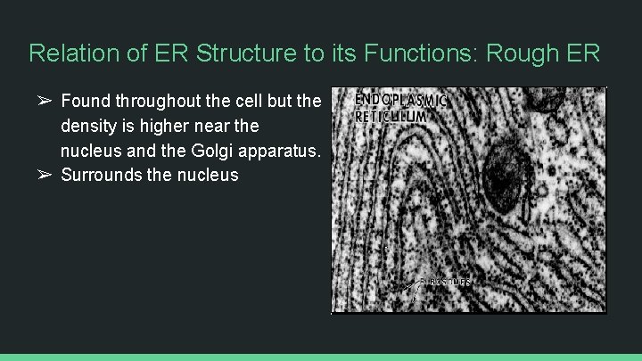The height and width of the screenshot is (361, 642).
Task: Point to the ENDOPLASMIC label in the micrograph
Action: click(400, 100)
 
